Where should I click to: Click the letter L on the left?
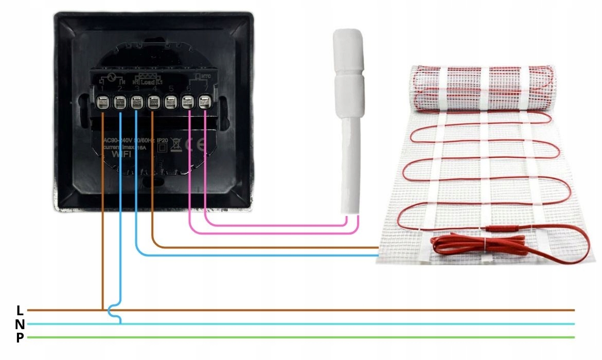tap(20, 311)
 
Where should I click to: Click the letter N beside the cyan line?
tap(20, 325)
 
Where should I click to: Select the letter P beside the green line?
tap(20, 338)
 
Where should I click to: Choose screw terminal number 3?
tap(136, 103)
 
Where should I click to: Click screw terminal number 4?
tap(153, 103)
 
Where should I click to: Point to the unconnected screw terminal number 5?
tap(170, 103)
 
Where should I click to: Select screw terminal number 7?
tap(205, 103)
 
